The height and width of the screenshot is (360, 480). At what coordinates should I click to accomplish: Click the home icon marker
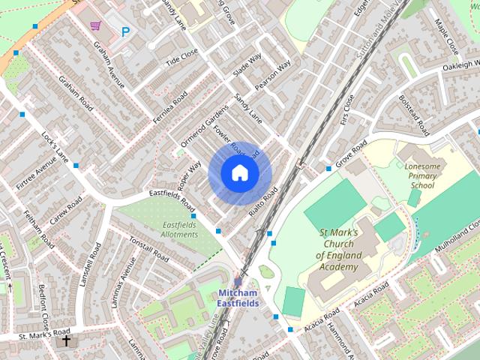pos(239,173)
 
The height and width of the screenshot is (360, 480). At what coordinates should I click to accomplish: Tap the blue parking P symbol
pos(125,31)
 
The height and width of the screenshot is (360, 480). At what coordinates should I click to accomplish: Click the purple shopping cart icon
pos(95,26)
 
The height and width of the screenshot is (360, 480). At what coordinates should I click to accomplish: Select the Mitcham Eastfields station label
pos(238,298)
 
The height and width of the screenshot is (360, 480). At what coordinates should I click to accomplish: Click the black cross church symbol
pos(66,341)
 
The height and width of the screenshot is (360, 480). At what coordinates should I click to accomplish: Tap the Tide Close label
pos(181,57)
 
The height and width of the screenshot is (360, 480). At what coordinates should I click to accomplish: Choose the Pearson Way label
pos(272,76)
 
